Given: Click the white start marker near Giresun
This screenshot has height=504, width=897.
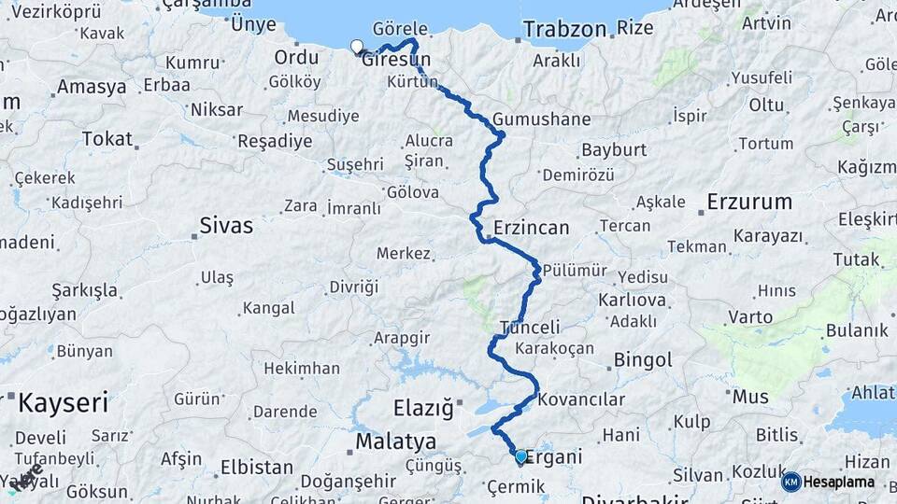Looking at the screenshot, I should [x=356, y=47].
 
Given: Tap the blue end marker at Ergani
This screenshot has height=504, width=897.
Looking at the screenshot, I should [x=521, y=456].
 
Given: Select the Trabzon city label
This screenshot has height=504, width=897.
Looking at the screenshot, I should [x=564, y=29].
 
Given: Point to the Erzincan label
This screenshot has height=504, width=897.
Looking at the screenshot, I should [x=531, y=228].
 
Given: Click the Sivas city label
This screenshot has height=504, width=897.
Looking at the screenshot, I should [x=226, y=225].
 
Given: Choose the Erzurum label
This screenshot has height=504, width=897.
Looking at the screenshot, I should [x=749, y=202].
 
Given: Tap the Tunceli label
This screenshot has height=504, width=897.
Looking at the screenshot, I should [x=530, y=328].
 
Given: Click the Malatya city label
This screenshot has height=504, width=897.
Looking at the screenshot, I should [x=396, y=441].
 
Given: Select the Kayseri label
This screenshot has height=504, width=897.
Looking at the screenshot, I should [x=64, y=404].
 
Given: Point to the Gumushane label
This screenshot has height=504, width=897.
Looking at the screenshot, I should [x=542, y=119].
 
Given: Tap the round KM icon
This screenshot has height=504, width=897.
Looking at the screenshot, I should [x=790, y=483].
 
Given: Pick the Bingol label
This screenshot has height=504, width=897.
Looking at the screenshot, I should [x=643, y=359].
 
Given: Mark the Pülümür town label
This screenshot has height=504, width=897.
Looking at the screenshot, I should [x=575, y=271].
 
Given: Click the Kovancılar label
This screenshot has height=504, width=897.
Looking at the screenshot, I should [x=581, y=399].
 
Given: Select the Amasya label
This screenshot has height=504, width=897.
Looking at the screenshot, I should [x=92, y=87].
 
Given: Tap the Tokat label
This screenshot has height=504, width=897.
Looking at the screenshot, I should [x=107, y=139].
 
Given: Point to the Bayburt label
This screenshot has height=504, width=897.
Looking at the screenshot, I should [x=614, y=149].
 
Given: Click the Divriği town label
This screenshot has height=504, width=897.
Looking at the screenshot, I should [x=354, y=287].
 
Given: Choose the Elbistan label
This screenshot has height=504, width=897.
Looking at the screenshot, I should [x=257, y=467].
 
